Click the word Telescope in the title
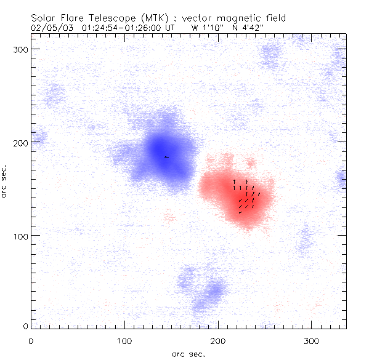(x=112, y=18)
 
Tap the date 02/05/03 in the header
(x=51, y=28)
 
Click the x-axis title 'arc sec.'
(x=189, y=353)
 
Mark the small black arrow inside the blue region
(x=166, y=157)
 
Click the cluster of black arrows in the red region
(x=246, y=196)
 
